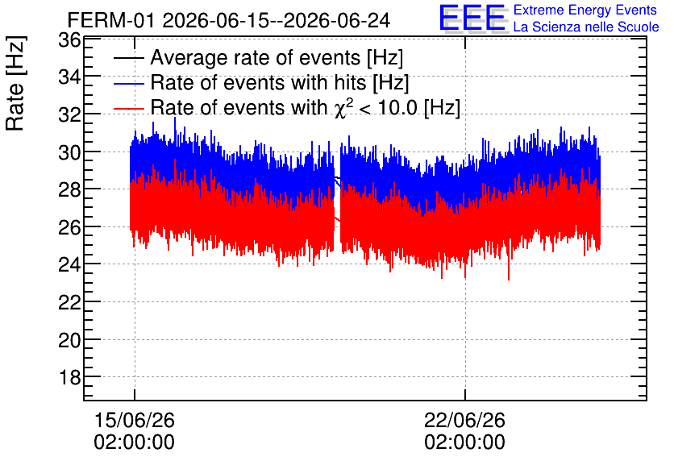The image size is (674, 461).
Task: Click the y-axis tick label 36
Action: (x=69, y=40)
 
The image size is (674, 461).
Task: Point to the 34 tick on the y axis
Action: (x=69, y=77)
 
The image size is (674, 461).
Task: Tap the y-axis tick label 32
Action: (x=69, y=115)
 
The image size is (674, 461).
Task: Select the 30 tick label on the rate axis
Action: (x=69, y=152)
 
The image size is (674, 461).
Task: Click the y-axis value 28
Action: (x=69, y=190)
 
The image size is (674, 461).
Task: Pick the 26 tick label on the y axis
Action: (x=69, y=227)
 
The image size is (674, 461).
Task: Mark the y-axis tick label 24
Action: (x=69, y=264)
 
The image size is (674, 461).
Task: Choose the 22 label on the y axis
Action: (x=69, y=302)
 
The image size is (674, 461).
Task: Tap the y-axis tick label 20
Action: (x=69, y=340)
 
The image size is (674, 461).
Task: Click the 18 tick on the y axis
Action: (x=69, y=378)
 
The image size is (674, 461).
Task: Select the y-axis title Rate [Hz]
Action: (x=15, y=83)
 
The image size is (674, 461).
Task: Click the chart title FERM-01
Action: (x=110, y=20)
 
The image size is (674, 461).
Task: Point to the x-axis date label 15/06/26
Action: (x=134, y=420)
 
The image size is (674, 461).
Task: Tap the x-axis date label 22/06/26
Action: (x=464, y=420)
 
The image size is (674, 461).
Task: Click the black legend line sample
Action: (x=128, y=58)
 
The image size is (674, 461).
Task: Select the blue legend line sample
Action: (x=128, y=83)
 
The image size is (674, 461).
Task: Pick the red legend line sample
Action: (x=128, y=108)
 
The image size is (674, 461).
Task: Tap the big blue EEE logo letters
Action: (x=472, y=18)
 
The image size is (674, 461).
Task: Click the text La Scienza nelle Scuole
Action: (x=586, y=27)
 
